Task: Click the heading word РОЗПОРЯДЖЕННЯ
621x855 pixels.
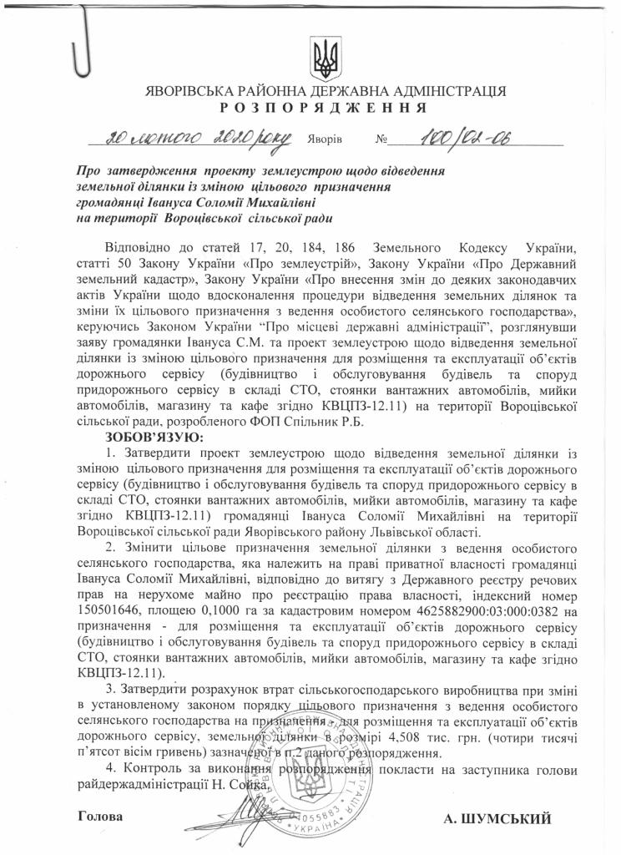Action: tap(324, 108)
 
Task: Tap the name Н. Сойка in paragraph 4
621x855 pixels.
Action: tap(241, 785)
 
